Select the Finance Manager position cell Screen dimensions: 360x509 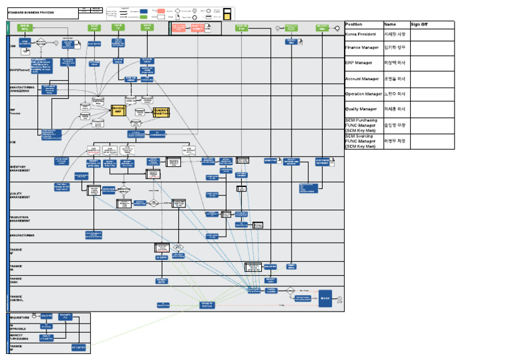coord(363,48)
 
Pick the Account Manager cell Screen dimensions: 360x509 coord(363,79)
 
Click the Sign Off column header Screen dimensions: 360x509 coord(420,24)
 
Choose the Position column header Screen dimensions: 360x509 coord(354,24)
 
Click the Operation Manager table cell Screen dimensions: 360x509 coord(364,94)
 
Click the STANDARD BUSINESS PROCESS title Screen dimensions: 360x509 coord(33,13)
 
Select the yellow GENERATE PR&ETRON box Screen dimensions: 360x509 coord(162,111)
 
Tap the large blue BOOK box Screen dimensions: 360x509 coord(325,298)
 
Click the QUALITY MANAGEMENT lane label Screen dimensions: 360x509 coord(19,196)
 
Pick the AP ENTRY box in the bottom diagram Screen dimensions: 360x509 coord(78,347)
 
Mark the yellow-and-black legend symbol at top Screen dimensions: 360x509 coord(227,13)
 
